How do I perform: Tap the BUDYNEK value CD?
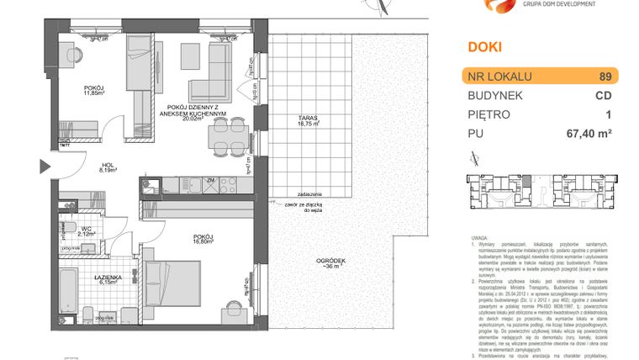(x=604, y=95)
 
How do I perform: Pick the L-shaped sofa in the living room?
(x=215, y=71)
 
